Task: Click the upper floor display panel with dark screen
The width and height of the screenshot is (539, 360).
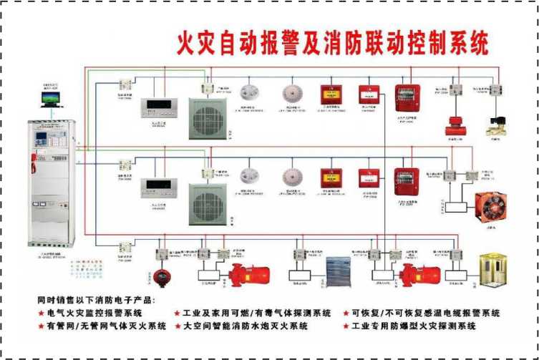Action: (156, 107)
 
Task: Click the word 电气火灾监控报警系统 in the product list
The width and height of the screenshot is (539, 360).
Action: (94, 313)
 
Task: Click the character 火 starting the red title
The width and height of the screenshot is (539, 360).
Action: (187, 43)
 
